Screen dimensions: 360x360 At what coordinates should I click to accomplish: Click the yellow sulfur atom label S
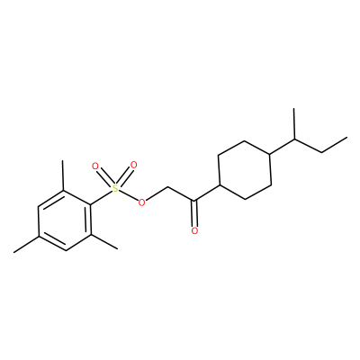(115, 188)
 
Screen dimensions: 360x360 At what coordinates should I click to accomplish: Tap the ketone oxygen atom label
(194, 230)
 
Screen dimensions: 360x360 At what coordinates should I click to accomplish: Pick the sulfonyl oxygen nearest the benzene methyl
(95, 166)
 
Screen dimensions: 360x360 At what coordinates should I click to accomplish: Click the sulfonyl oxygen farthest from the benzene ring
(133, 165)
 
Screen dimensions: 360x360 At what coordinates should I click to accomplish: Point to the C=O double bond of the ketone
(194, 213)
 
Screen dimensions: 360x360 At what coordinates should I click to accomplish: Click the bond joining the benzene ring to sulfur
(101, 197)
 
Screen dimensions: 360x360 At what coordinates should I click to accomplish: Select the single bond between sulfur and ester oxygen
(128, 195)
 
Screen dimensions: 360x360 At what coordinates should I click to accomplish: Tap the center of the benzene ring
(65, 220)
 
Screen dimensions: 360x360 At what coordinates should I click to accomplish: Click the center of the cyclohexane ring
(245, 169)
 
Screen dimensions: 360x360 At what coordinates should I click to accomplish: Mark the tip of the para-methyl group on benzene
(13, 252)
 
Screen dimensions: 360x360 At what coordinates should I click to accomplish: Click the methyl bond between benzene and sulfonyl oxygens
(63, 175)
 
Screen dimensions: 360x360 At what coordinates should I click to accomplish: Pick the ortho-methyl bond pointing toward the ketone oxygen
(103, 242)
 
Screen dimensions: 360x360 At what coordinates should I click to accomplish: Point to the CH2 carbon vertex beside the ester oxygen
(167, 188)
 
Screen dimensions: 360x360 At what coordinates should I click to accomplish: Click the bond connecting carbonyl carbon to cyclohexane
(208, 193)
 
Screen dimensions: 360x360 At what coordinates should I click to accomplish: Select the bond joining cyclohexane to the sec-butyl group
(283, 147)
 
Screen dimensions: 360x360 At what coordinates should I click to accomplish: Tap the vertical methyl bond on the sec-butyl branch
(294, 123)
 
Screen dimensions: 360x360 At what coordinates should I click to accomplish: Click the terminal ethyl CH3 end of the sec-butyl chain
(347, 138)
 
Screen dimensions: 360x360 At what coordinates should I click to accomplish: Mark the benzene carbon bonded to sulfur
(90, 205)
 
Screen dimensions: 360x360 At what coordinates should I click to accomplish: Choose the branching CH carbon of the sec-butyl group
(294, 139)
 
